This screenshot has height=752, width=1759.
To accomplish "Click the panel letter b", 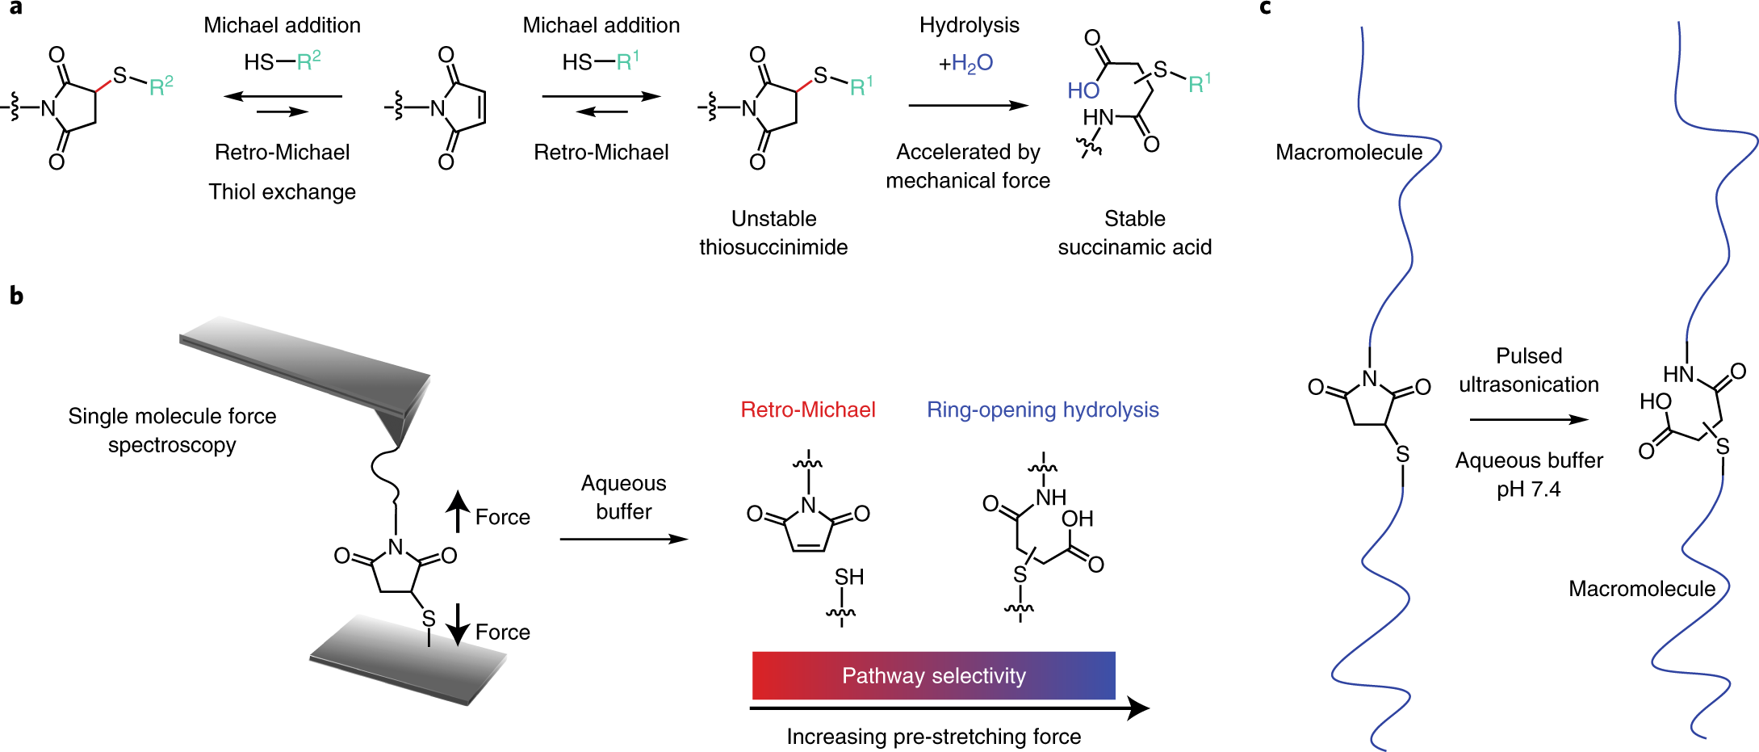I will click(x=16, y=296).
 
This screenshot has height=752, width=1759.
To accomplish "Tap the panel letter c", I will click(x=1265, y=8).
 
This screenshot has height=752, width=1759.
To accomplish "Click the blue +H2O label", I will click(x=965, y=63).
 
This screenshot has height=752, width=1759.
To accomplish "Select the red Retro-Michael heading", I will click(x=807, y=410).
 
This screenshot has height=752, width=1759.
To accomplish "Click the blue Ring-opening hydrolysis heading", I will click(x=1042, y=410).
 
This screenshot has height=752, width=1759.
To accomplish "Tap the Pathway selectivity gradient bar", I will click(x=933, y=675).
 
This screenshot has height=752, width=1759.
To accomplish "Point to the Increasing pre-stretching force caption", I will click(x=933, y=737).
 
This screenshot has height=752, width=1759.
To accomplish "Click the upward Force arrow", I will click(x=458, y=511).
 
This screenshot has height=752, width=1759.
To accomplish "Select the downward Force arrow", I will click(x=458, y=624).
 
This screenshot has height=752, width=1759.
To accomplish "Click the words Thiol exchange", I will click(x=282, y=192).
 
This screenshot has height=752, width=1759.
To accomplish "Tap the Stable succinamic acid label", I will click(x=1134, y=233).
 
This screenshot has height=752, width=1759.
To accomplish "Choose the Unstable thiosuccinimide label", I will click(x=773, y=233).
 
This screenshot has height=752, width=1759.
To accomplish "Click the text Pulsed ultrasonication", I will click(x=1528, y=370).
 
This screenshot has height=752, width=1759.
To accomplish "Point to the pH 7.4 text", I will click(x=1528, y=489).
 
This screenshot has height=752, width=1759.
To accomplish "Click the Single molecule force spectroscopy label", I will click(x=172, y=431).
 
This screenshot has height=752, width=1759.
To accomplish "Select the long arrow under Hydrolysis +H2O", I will click(x=968, y=105).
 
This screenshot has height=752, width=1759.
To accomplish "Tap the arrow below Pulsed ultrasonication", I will click(x=1528, y=419).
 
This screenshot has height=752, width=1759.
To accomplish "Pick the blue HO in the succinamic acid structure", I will click(x=1083, y=90).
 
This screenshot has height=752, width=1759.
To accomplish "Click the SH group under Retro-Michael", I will click(x=849, y=577).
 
